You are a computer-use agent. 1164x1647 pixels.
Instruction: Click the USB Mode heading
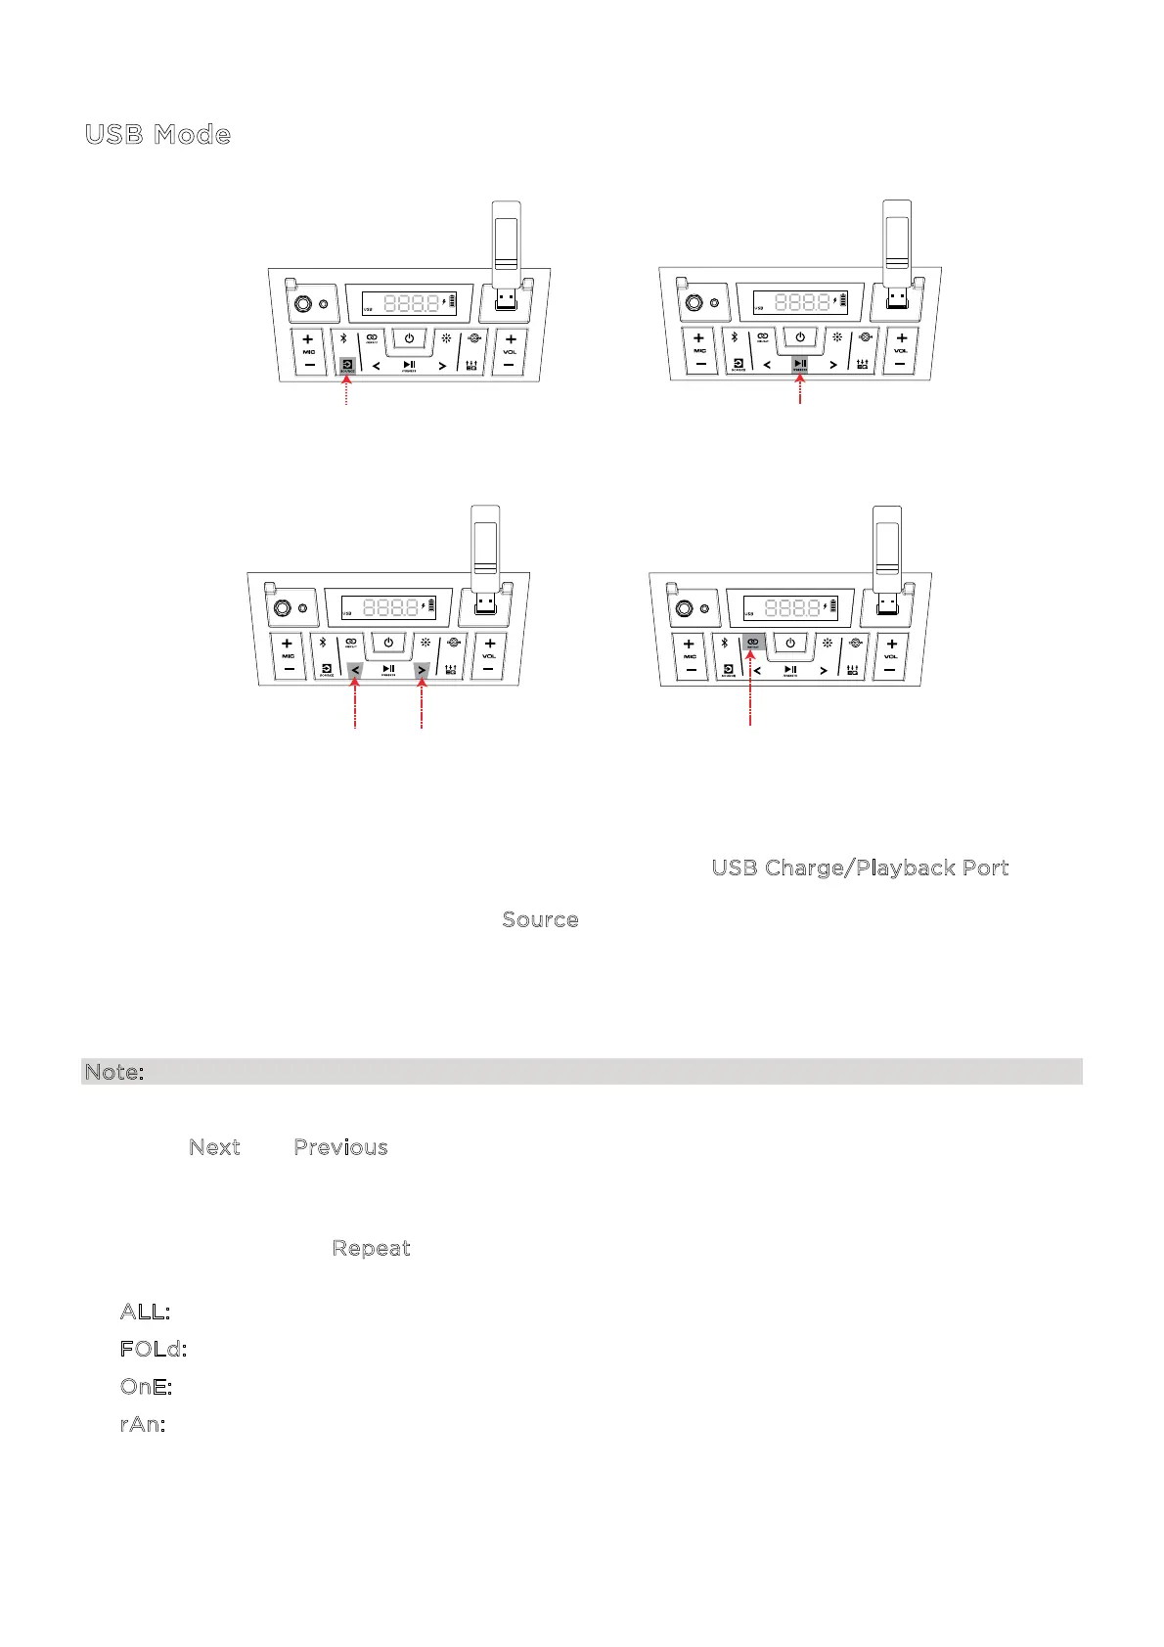click(x=157, y=134)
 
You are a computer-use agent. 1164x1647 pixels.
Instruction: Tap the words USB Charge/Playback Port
click(x=860, y=868)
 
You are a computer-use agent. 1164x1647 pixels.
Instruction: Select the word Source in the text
click(x=540, y=919)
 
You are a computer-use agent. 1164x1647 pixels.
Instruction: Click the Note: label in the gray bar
click(x=114, y=1072)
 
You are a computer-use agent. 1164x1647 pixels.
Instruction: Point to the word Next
click(x=214, y=1147)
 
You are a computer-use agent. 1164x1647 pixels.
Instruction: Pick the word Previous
click(x=340, y=1147)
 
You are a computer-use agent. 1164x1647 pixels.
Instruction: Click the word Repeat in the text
click(x=371, y=1248)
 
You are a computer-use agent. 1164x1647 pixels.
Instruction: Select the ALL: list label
click(x=145, y=1311)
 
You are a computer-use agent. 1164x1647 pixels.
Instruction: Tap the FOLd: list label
click(x=153, y=1349)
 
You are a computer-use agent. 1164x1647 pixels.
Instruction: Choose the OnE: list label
click(x=146, y=1386)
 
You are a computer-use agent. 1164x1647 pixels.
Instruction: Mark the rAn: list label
click(x=142, y=1423)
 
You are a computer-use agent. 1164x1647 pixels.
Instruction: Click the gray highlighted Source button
click(x=347, y=367)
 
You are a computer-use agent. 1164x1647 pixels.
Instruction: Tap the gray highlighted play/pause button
click(x=800, y=365)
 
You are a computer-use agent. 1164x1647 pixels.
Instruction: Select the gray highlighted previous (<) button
click(x=355, y=671)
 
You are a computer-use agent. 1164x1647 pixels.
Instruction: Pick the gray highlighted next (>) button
click(x=422, y=671)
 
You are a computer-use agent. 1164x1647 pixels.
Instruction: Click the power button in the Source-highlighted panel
click(x=409, y=339)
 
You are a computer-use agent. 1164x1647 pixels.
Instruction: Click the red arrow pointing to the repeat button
click(x=750, y=685)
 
